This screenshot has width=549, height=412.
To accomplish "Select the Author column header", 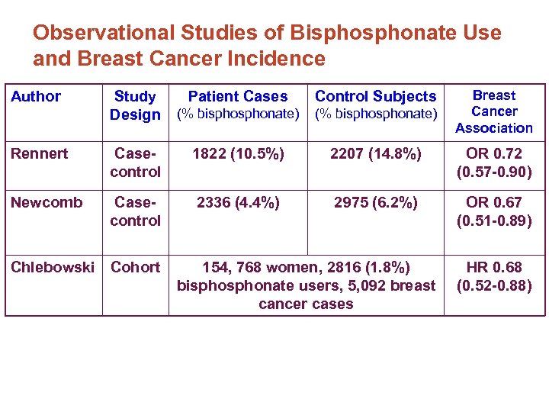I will [36, 96].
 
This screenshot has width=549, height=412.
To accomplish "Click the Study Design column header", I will [135, 105].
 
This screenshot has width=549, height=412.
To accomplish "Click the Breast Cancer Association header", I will [494, 111].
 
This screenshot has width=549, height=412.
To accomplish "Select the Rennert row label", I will [40, 153].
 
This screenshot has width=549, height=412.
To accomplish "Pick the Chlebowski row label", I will [52, 267].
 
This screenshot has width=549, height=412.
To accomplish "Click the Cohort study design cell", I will [136, 267].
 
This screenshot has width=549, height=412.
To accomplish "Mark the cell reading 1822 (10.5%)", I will [238, 153].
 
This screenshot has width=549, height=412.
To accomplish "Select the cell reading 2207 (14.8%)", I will [375, 153].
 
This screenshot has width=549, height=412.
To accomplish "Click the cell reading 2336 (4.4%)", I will [238, 202].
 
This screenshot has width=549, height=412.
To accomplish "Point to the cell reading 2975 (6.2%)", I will [375, 202].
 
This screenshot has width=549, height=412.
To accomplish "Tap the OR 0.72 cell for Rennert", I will [494, 163].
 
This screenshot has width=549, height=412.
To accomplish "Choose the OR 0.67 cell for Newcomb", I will [494, 211].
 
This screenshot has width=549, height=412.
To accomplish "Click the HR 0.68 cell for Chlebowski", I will [494, 276].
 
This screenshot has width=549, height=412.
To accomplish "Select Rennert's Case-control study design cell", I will [135, 163].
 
